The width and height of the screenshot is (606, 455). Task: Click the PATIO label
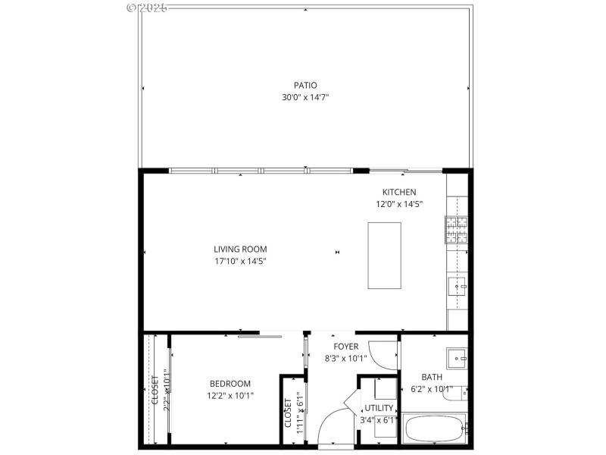[x=305, y=85]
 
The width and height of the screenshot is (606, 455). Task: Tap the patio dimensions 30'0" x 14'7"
[x=305, y=97]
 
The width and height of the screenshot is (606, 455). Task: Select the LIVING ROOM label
[x=240, y=249]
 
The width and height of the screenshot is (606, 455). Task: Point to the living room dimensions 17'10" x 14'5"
[x=240, y=261]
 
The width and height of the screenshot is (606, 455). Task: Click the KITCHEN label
[x=399, y=192]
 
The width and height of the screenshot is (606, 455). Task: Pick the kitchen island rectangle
[x=384, y=255]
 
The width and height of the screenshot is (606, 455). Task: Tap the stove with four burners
[x=455, y=229]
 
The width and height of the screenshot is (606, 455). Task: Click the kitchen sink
[x=457, y=286]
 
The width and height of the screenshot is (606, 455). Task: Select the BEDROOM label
[x=230, y=384]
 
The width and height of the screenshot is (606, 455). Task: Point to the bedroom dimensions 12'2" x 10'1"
[x=230, y=395]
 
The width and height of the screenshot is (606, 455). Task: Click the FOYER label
[x=345, y=347]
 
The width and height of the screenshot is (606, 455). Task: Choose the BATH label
[x=432, y=377]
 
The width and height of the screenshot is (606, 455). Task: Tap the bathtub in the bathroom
[x=434, y=429]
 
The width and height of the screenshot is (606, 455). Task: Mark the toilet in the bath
[x=458, y=393]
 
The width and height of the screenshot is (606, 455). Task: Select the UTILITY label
[x=380, y=408]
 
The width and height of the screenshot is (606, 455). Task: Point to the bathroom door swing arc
[x=388, y=355]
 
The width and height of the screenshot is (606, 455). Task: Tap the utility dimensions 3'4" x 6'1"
[x=380, y=419]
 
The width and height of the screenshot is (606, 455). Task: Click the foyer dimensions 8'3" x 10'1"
[x=345, y=359]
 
